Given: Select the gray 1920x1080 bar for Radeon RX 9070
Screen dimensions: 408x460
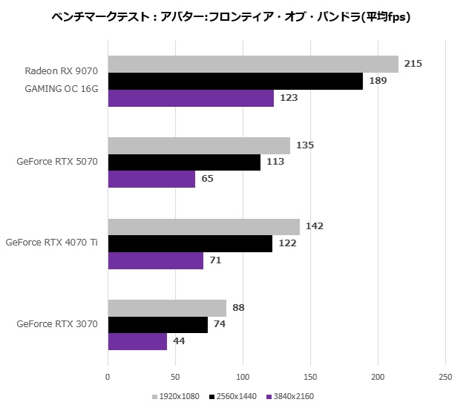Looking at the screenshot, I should (253, 65).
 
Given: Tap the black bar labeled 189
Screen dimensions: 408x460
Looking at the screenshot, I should (235, 81).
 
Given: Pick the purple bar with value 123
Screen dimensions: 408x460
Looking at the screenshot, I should (191, 98).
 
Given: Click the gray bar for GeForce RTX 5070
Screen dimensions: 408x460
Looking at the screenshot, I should (199, 145).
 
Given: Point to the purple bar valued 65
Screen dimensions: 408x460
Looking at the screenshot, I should (152, 179).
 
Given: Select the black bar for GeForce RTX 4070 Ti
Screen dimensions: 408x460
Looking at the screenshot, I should (190, 243).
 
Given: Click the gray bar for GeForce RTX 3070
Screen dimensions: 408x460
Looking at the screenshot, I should (167, 308).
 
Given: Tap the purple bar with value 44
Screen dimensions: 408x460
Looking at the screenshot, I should (138, 341).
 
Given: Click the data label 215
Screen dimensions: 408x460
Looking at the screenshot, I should (413, 64).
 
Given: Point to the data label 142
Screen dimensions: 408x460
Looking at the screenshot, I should (314, 226).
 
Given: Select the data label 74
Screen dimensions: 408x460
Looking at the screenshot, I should (219, 324).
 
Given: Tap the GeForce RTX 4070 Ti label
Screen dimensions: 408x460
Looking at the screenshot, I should (52, 243).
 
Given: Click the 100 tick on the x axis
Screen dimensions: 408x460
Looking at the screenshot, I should (243, 378).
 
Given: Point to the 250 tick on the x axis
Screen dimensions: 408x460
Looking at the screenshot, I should (445, 378).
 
